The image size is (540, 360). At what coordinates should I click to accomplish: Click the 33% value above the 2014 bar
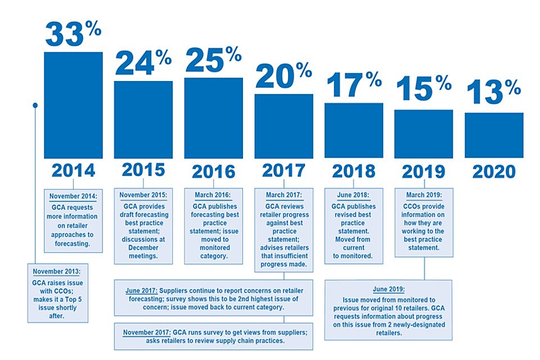(x=73, y=34)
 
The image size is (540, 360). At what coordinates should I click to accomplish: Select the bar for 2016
(x=214, y=118)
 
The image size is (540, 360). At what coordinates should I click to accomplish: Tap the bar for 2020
(x=494, y=135)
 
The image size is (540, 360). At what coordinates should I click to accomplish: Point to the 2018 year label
(x=354, y=170)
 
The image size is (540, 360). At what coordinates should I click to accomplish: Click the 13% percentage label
(x=493, y=92)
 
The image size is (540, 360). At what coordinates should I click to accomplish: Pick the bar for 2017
(x=283, y=126)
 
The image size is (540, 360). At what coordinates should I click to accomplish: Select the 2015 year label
(x=143, y=170)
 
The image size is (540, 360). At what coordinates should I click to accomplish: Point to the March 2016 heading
(x=213, y=195)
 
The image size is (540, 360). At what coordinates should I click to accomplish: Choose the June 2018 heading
(x=354, y=195)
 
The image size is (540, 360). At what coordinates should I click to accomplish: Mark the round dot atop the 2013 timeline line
(x=35, y=105)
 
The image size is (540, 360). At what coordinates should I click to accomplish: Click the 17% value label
(x=354, y=84)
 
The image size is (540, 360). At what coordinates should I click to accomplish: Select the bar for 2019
(x=424, y=134)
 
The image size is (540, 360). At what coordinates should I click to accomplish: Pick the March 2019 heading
(x=424, y=195)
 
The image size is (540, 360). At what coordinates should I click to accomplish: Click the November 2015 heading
(x=143, y=195)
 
